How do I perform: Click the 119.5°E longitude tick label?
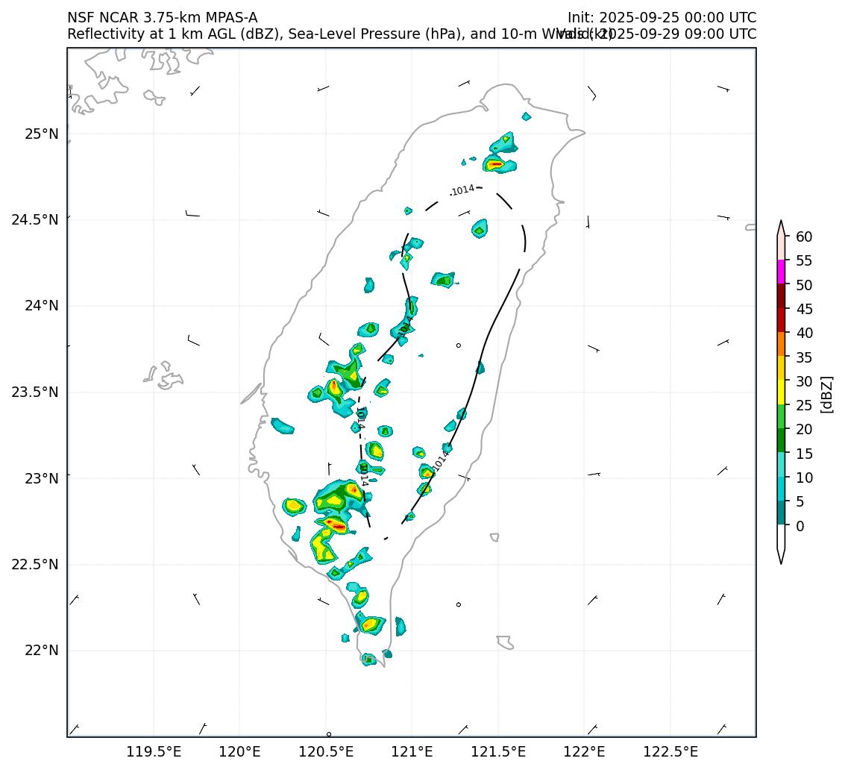tap(154, 751)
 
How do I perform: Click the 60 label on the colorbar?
tap(804, 237)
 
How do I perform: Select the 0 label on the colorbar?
tap(800, 526)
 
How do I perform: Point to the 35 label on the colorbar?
tap(804, 357)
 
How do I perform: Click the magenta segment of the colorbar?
tap(781, 272)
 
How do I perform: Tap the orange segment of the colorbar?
tap(781, 344)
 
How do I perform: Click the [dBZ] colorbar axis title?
tap(826, 394)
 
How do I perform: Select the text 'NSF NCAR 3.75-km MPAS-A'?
tap(162, 18)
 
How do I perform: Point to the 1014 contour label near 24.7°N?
tap(462, 190)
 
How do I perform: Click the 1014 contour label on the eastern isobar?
tap(441, 460)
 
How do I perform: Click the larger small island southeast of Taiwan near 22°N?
tap(505, 642)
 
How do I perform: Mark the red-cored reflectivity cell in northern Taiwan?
tap(497, 164)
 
